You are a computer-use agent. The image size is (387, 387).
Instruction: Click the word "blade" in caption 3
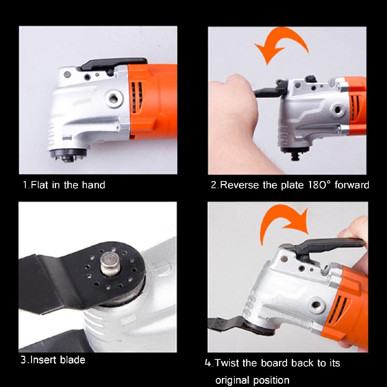[x=72, y=359]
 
